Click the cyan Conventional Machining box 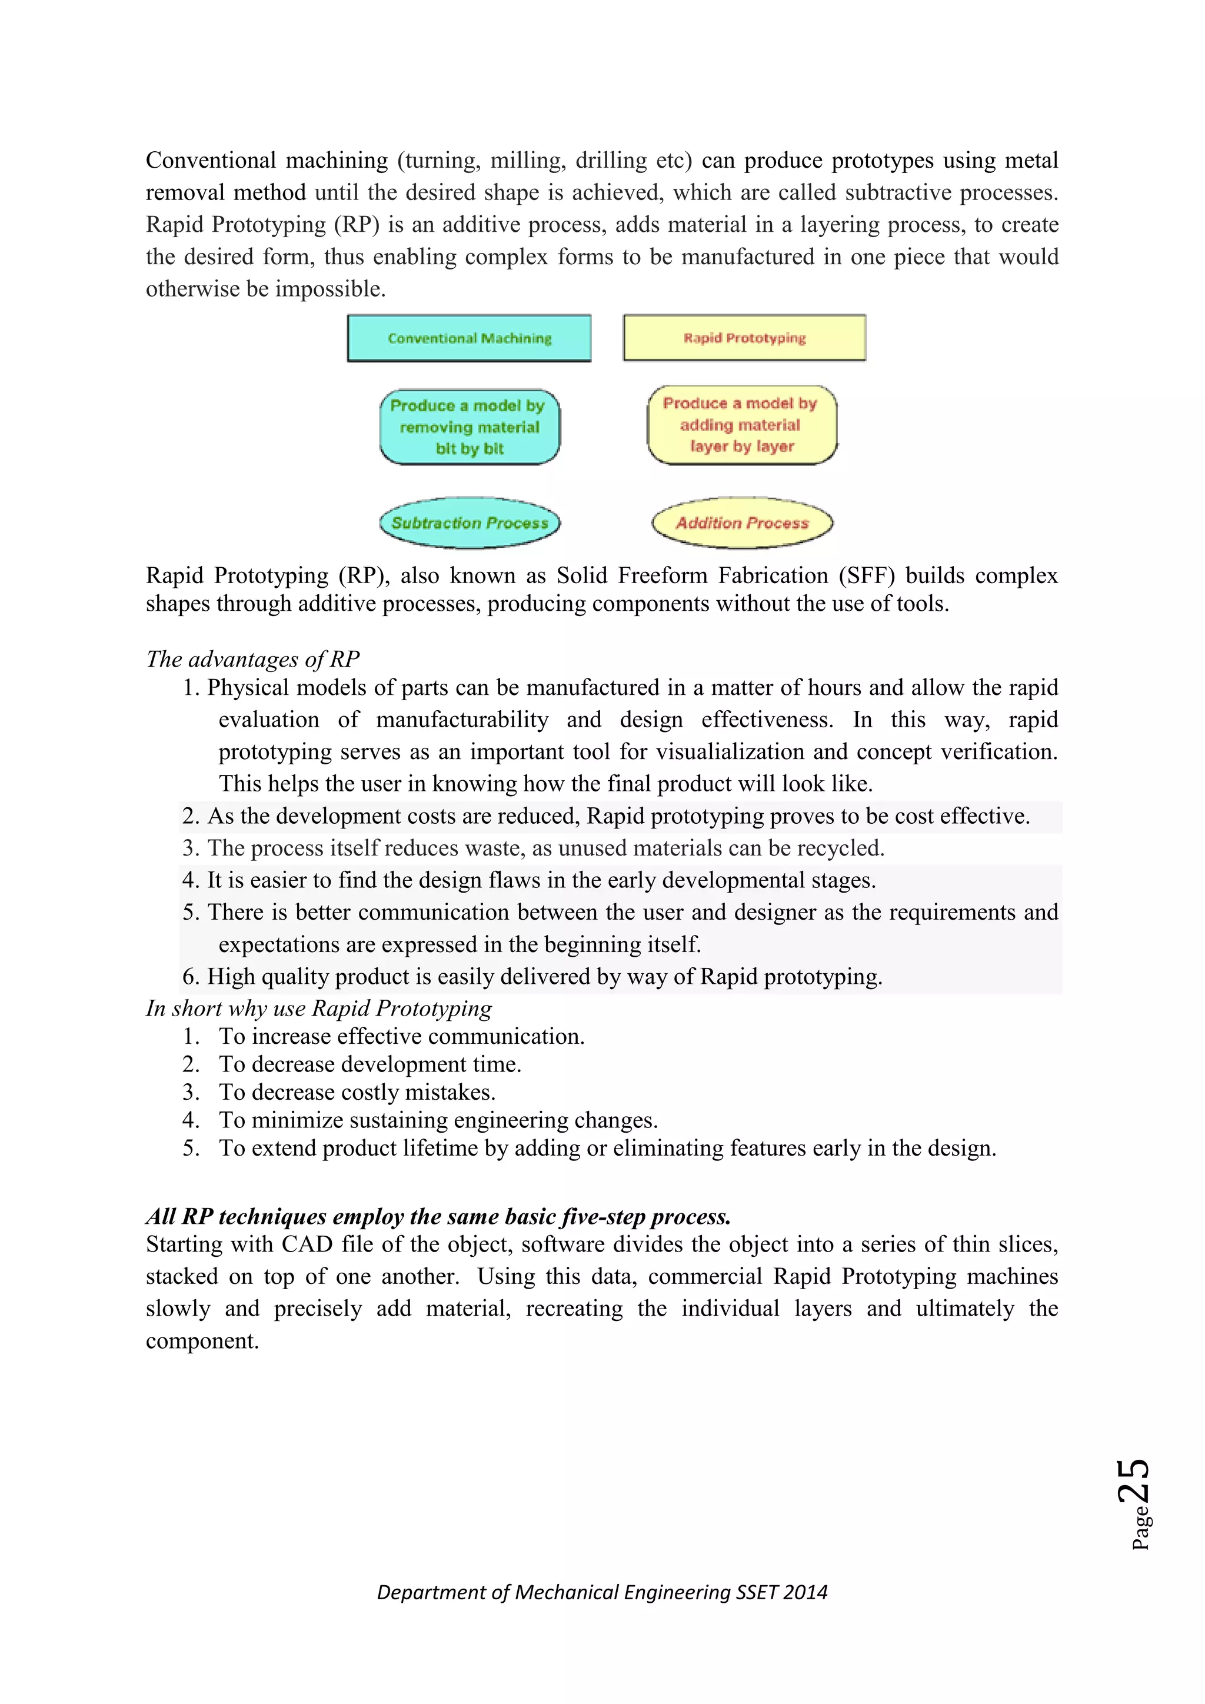[x=469, y=338]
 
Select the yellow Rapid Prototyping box [x=744, y=338]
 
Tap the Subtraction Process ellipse [x=470, y=522]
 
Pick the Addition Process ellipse [x=742, y=522]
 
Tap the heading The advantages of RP [x=252, y=659]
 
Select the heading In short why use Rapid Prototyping [x=319, y=1009]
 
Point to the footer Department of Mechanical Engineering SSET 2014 [x=602, y=1592]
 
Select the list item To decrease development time [x=370, y=1064]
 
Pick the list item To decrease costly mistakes [x=357, y=1093]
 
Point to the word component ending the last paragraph [x=202, y=1341]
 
